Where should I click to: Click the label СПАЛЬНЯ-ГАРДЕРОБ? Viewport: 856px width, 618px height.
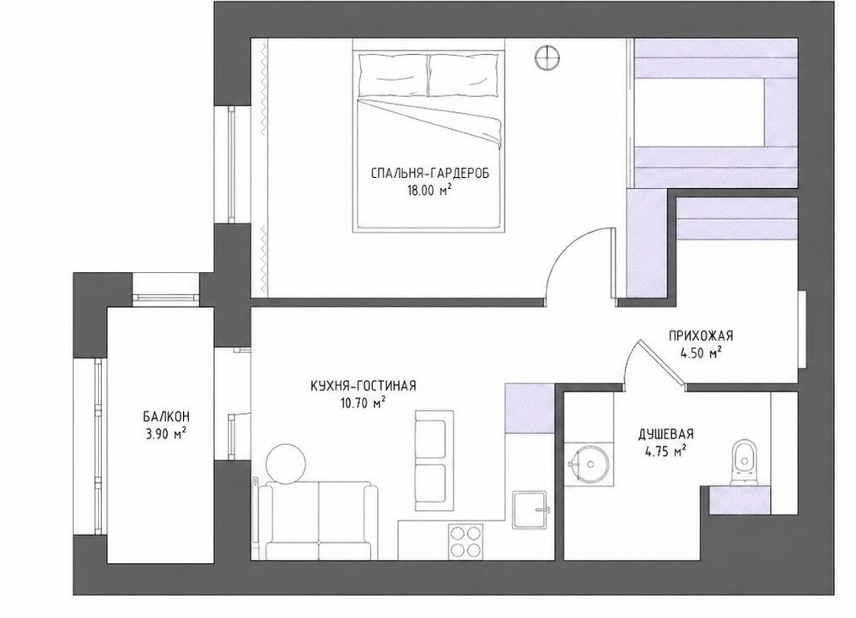coord(429,175)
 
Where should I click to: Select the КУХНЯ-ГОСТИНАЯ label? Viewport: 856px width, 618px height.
coord(363,386)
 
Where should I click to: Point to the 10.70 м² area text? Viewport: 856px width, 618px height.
coord(363,404)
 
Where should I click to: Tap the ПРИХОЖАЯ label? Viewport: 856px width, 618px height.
coord(701,336)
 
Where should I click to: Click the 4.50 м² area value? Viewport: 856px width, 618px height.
coord(701,352)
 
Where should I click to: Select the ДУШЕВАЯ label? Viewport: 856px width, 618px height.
coord(666,434)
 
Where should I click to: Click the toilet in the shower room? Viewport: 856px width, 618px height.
coord(744,462)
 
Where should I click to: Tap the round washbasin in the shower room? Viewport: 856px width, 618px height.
coord(590,464)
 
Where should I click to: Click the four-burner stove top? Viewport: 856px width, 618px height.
coord(466,541)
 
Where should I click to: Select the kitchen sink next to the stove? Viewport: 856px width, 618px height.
coord(530,508)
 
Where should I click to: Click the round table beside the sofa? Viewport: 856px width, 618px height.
coord(286,464)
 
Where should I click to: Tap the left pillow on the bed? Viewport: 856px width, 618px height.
coord(392,74)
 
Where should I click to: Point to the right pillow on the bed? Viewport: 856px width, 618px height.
coord(464,74)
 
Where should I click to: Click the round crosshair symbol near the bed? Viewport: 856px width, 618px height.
coord(547,56)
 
